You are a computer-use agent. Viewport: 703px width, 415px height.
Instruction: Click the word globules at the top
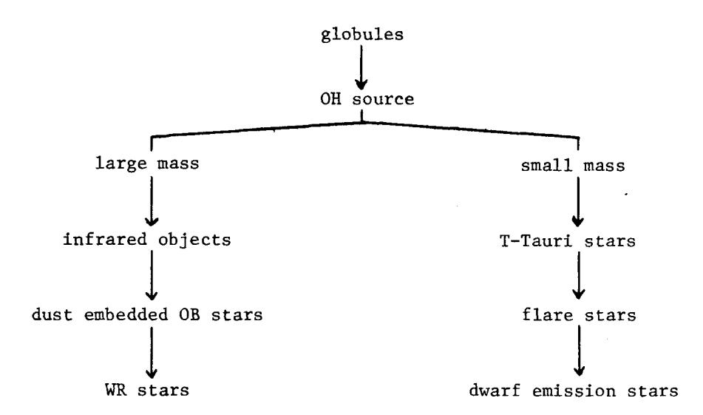[362, 35]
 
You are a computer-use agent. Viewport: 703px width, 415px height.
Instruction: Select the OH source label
[367, 99]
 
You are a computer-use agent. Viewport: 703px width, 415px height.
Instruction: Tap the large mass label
[147, 163]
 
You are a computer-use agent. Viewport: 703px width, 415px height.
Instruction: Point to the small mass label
[573, 166]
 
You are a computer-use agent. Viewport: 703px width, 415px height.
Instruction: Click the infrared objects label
[147, 240]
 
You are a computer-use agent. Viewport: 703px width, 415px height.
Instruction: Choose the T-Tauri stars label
[568, 241]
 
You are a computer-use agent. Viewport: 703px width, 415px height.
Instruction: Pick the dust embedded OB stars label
[147, 314]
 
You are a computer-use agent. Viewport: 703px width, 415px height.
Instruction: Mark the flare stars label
[579, 314]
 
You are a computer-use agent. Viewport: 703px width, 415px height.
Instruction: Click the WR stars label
[147, 390]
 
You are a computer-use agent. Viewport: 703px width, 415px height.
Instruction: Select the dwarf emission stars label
[574, 391]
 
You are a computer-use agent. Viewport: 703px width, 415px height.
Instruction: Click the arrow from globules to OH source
[361, 67]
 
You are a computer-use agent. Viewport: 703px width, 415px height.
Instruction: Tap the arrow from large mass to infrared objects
[152, 201]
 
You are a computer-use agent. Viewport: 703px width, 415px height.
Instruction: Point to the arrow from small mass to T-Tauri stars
[578, 202]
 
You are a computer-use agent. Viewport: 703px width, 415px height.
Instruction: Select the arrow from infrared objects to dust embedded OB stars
[152, 275]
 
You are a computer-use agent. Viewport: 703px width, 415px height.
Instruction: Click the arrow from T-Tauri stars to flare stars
[578, 275]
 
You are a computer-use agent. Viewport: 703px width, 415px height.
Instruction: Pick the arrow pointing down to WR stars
[152, 352]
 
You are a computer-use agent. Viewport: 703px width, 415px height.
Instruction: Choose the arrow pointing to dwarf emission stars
[579, 351]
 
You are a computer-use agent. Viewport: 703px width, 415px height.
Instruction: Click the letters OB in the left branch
[190, 314]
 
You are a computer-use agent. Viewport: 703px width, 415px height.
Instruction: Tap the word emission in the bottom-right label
[574, 391]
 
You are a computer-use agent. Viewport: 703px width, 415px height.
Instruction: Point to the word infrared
[105, 239]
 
